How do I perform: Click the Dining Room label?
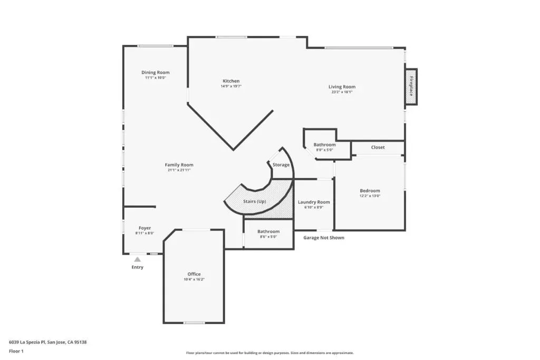tap(156, 72)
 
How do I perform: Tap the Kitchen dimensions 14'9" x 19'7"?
tap(231, 86)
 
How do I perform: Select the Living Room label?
tap(342, 87)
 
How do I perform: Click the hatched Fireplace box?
tap(411, 86)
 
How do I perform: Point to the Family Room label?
tap(179, 165)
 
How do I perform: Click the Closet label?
tap(378, 147)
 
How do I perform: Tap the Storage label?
tap(281, 165)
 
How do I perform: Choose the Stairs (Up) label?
tap(255, 201)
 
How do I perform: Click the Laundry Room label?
tap(314, 202)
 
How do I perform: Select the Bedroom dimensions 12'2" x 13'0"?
tap(370, 196)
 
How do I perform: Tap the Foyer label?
tap(144, 228)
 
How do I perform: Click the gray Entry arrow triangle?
tap(138, 259)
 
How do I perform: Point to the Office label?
tap(194, 274)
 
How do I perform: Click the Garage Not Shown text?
tap(324, 238)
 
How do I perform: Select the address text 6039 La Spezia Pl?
tap(27, 342)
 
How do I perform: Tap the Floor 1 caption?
tap(16, 351)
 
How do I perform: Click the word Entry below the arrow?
tap(138, 267)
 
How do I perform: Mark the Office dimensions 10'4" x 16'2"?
tap(194, 279)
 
